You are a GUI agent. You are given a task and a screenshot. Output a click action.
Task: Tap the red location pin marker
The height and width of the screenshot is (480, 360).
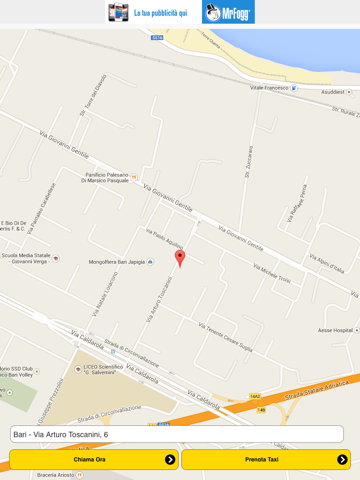click(x=180, y=258)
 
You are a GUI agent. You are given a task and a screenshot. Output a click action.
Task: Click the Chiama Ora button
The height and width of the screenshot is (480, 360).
click(x=93, y=459)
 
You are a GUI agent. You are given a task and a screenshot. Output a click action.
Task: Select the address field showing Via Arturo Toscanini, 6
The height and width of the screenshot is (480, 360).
click(x=176, y=434)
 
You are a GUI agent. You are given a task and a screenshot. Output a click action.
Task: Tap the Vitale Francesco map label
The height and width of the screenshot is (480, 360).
click(x=268, y=87)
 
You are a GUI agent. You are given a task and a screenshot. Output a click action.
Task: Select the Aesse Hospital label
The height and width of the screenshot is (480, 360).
click(x=335, y=329)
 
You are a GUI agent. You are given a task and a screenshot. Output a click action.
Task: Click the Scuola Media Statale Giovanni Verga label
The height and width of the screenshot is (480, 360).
click(x=26, y=258)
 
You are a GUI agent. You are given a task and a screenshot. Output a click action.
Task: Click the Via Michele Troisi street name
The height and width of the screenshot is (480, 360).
click(x=271, y=273)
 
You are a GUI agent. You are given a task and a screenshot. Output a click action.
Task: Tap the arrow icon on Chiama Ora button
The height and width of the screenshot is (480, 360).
click(x=170, y=459)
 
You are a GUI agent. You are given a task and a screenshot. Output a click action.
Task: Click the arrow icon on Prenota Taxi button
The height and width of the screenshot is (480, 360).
click(x=342, y=459)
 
